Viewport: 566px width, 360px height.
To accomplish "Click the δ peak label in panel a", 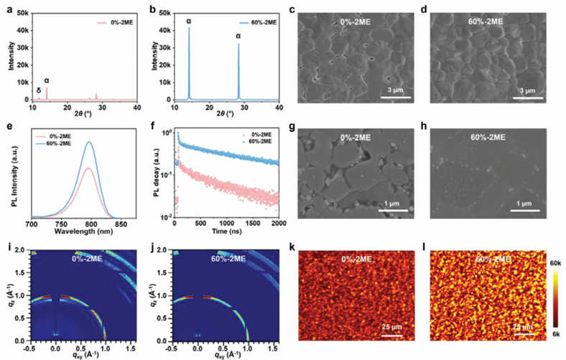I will pos(39,91).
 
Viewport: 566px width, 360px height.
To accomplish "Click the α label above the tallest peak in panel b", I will pos(189,22).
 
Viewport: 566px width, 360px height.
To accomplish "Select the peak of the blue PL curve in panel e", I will pos(89,142).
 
